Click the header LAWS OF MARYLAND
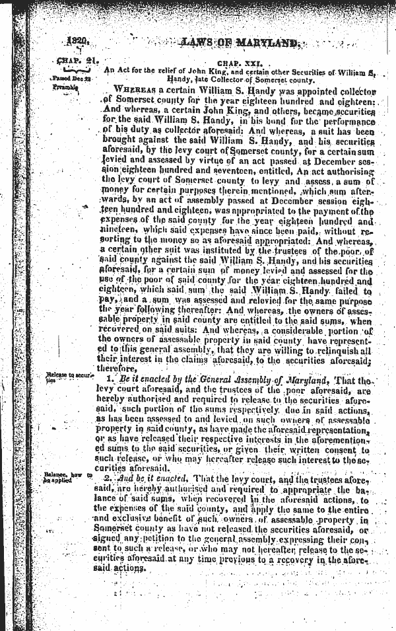pos(240,44)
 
